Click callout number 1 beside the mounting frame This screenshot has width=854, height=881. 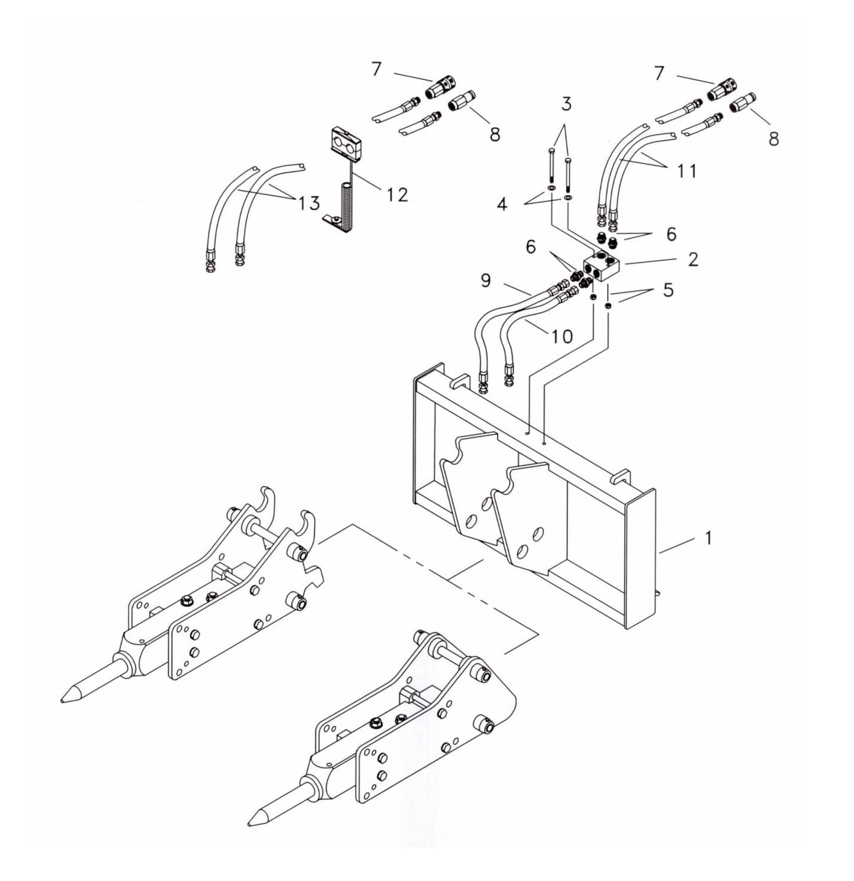tap(707, 538)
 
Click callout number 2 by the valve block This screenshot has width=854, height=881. tap(693, 259)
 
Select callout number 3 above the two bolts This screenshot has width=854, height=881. tap(566, 105)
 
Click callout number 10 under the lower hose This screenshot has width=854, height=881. tap(562, 336)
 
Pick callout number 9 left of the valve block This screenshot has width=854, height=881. tap(486, 280)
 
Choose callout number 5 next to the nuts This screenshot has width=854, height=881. tap(668, 291)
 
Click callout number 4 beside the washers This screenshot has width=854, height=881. tap(502, 205)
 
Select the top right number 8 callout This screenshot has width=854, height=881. tap(773, 140)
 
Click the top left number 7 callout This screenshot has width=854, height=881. tap(376, 69)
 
